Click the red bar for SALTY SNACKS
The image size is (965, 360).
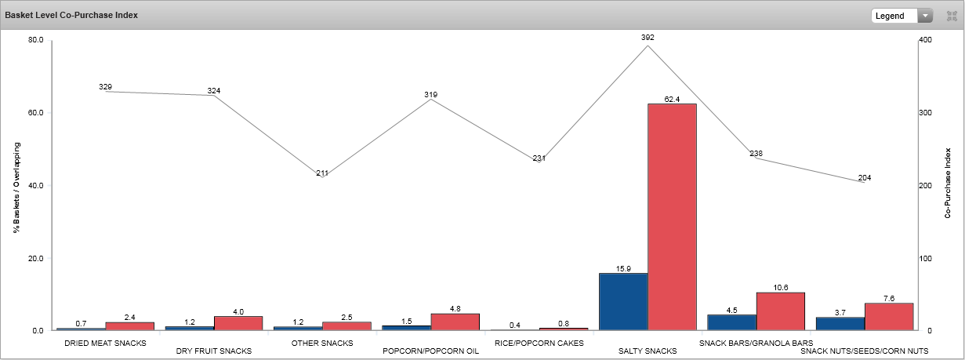[672, 216]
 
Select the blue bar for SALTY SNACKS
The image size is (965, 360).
[623, 301]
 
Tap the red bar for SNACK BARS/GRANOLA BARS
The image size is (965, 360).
[780, 311]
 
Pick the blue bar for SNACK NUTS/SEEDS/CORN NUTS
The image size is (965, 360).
[840, 323]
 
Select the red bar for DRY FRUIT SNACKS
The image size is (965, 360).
[238, 323]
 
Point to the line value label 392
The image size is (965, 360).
[647, 37]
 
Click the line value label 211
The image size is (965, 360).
[322, 173]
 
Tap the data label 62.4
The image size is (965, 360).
[672, 99]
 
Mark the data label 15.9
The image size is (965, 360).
[623, 268]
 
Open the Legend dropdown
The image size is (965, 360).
[902, 16]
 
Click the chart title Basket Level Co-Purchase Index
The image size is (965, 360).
[71, 15]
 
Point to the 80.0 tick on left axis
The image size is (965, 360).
[34, 39]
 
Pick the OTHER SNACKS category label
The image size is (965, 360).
[322, 343]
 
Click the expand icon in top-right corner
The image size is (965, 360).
[952, 16]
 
